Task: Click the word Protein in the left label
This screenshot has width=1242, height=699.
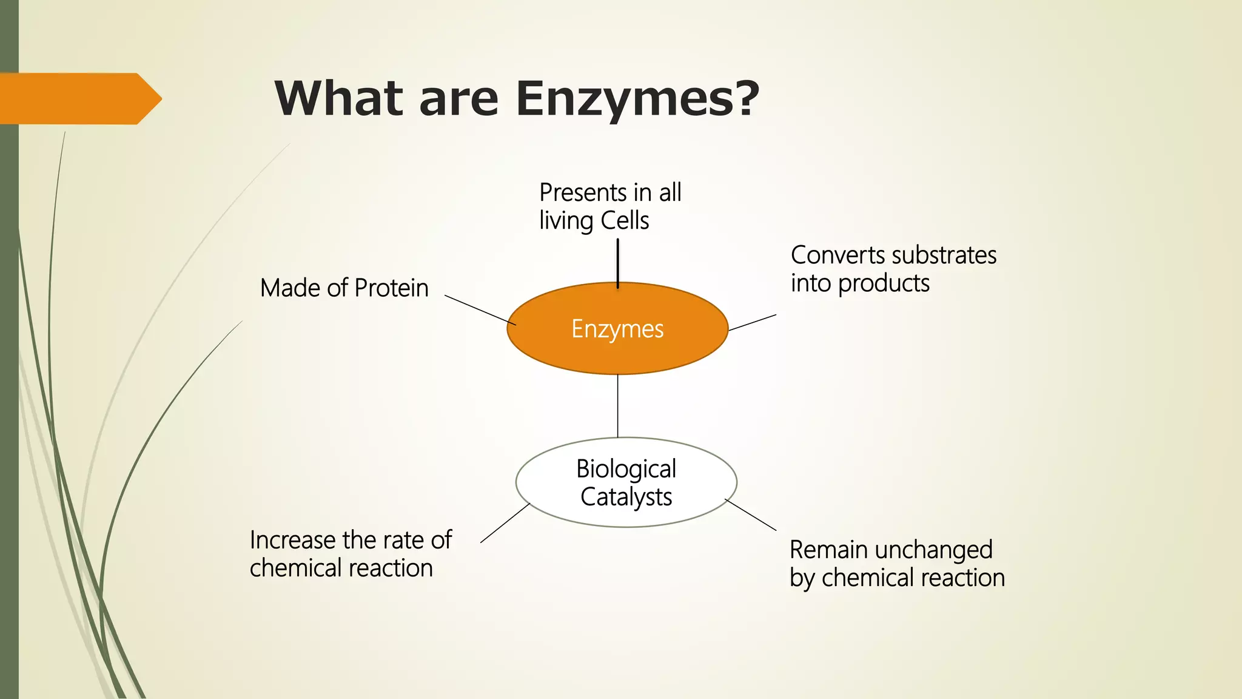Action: [391, 288]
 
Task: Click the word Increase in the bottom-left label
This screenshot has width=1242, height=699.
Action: [292, 539]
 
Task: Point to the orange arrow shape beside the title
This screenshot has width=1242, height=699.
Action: [79, 98]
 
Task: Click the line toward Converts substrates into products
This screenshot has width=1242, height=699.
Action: [752, 322]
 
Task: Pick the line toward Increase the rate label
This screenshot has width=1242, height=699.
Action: [505, 522]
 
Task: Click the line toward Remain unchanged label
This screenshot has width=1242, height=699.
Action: [751, 515]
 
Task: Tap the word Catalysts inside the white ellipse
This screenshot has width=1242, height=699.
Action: [626, 497]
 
